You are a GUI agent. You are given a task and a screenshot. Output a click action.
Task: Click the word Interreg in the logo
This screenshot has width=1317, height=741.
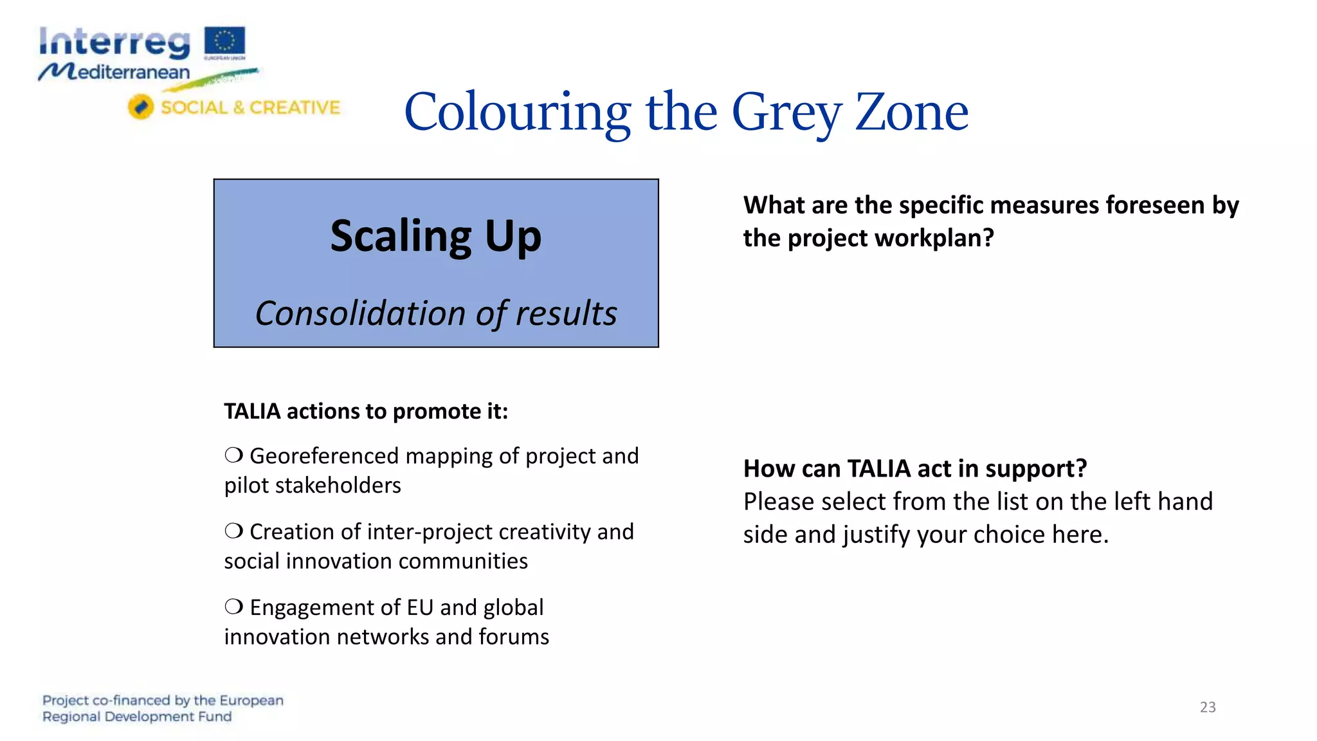pyautogui.click(x=114, y=43)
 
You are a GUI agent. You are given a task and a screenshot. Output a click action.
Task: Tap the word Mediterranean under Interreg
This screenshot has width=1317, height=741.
pyautogui.click(x=116, y=72)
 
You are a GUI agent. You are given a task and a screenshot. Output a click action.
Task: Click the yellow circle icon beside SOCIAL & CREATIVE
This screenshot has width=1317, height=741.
pyautogui.click(x=140, y=107)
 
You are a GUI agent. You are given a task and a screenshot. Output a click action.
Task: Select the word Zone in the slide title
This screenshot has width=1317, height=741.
pyautogui.click(x=911, y=112)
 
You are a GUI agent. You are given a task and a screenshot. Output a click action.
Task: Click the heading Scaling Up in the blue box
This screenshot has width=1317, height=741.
pyautogui.click(x=435, y=236)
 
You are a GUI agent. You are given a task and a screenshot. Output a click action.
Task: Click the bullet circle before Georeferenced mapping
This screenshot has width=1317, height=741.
pyautogui.click(x=233, y=455)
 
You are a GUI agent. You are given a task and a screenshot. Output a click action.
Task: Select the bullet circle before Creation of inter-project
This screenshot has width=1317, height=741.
pyautogui.click(x=233, y=531)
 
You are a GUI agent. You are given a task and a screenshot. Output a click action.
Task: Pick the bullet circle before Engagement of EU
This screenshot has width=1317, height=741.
pyautogui.click(x=233, y=607)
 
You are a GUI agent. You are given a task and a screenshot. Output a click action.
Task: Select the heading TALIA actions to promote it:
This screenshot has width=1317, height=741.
pyautogui.click(x=365, y=411)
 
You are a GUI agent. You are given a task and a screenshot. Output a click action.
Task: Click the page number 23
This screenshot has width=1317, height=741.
pyautogui.click(x=1207, y=707)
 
